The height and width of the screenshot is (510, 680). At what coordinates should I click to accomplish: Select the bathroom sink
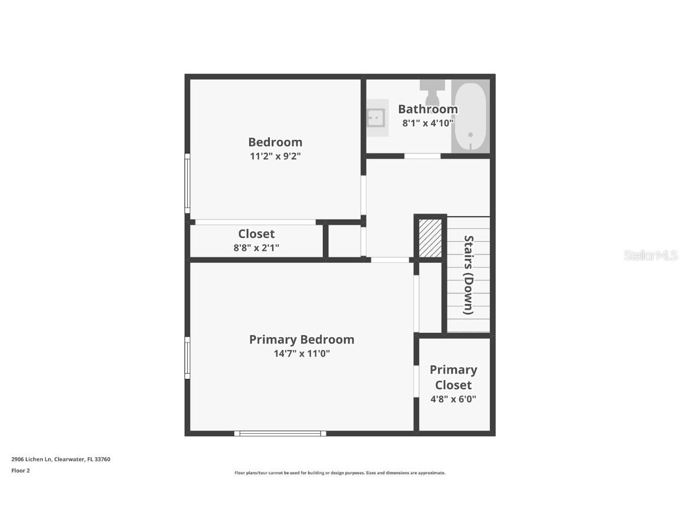click(376, 117)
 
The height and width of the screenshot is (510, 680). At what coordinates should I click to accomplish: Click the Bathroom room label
click(427, 109)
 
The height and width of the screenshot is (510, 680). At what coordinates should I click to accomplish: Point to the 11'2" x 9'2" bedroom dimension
click(275, 156)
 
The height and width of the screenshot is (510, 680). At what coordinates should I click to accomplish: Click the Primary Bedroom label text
click(302, 339)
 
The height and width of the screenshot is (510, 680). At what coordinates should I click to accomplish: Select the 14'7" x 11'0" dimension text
click(302, 354)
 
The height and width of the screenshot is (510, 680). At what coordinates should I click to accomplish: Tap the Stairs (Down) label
click(469, 275)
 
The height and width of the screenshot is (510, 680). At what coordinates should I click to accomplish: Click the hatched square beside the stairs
click(430, 238)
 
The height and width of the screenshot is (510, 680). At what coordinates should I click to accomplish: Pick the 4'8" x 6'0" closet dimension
click(453, 399)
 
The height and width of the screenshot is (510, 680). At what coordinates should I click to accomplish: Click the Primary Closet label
click(453, 377)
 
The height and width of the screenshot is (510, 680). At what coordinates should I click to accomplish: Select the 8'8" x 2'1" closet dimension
click(256, 248)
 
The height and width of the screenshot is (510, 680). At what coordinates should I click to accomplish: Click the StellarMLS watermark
click(650, 255)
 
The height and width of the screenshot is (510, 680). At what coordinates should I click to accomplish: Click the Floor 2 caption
click(20, 470)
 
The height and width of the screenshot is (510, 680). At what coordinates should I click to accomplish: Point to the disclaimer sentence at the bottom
click(340, 473)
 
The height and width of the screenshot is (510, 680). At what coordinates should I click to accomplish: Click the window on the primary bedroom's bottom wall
click(280, 433)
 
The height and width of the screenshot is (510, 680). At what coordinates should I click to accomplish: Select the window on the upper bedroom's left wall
click(187, 183)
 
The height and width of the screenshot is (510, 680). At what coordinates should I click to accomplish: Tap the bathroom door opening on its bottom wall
click(422, 156)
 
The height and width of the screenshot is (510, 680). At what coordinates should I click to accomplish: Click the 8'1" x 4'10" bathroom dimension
click(427, 123)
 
